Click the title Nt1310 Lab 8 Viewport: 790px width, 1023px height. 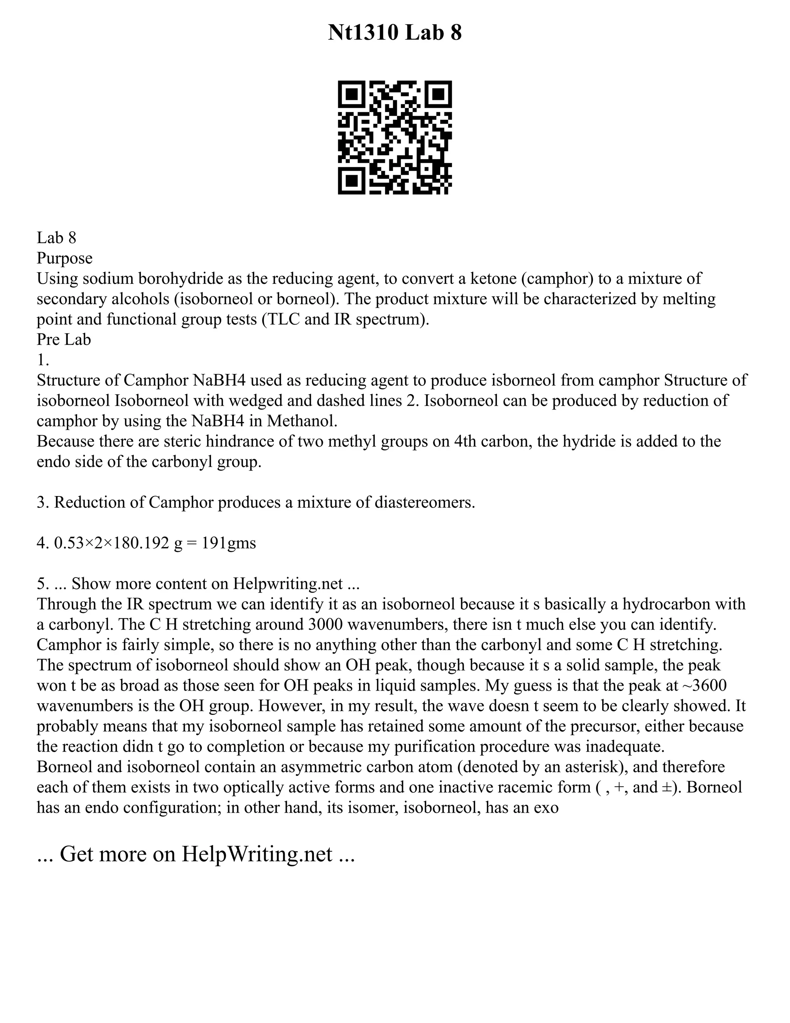pos(395,33)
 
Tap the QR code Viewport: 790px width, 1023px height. pos(395,138)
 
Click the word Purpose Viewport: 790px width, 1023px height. pos(64,258)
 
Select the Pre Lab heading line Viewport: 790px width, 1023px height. pos(64,339)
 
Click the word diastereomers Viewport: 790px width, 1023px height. pos(424,502)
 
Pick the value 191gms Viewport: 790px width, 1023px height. pos(230,543)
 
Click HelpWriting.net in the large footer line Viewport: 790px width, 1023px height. pos(257,854)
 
